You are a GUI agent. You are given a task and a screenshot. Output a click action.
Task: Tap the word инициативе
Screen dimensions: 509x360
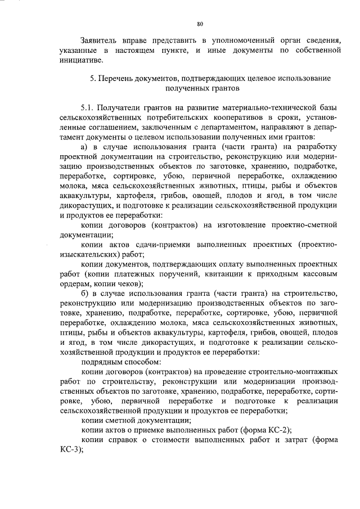(x=81, y=60)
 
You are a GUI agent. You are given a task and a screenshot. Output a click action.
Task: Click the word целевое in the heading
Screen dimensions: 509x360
(x=257, y=79)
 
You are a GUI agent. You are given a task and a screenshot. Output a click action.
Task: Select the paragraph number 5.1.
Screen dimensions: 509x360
(x=89, y=107)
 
